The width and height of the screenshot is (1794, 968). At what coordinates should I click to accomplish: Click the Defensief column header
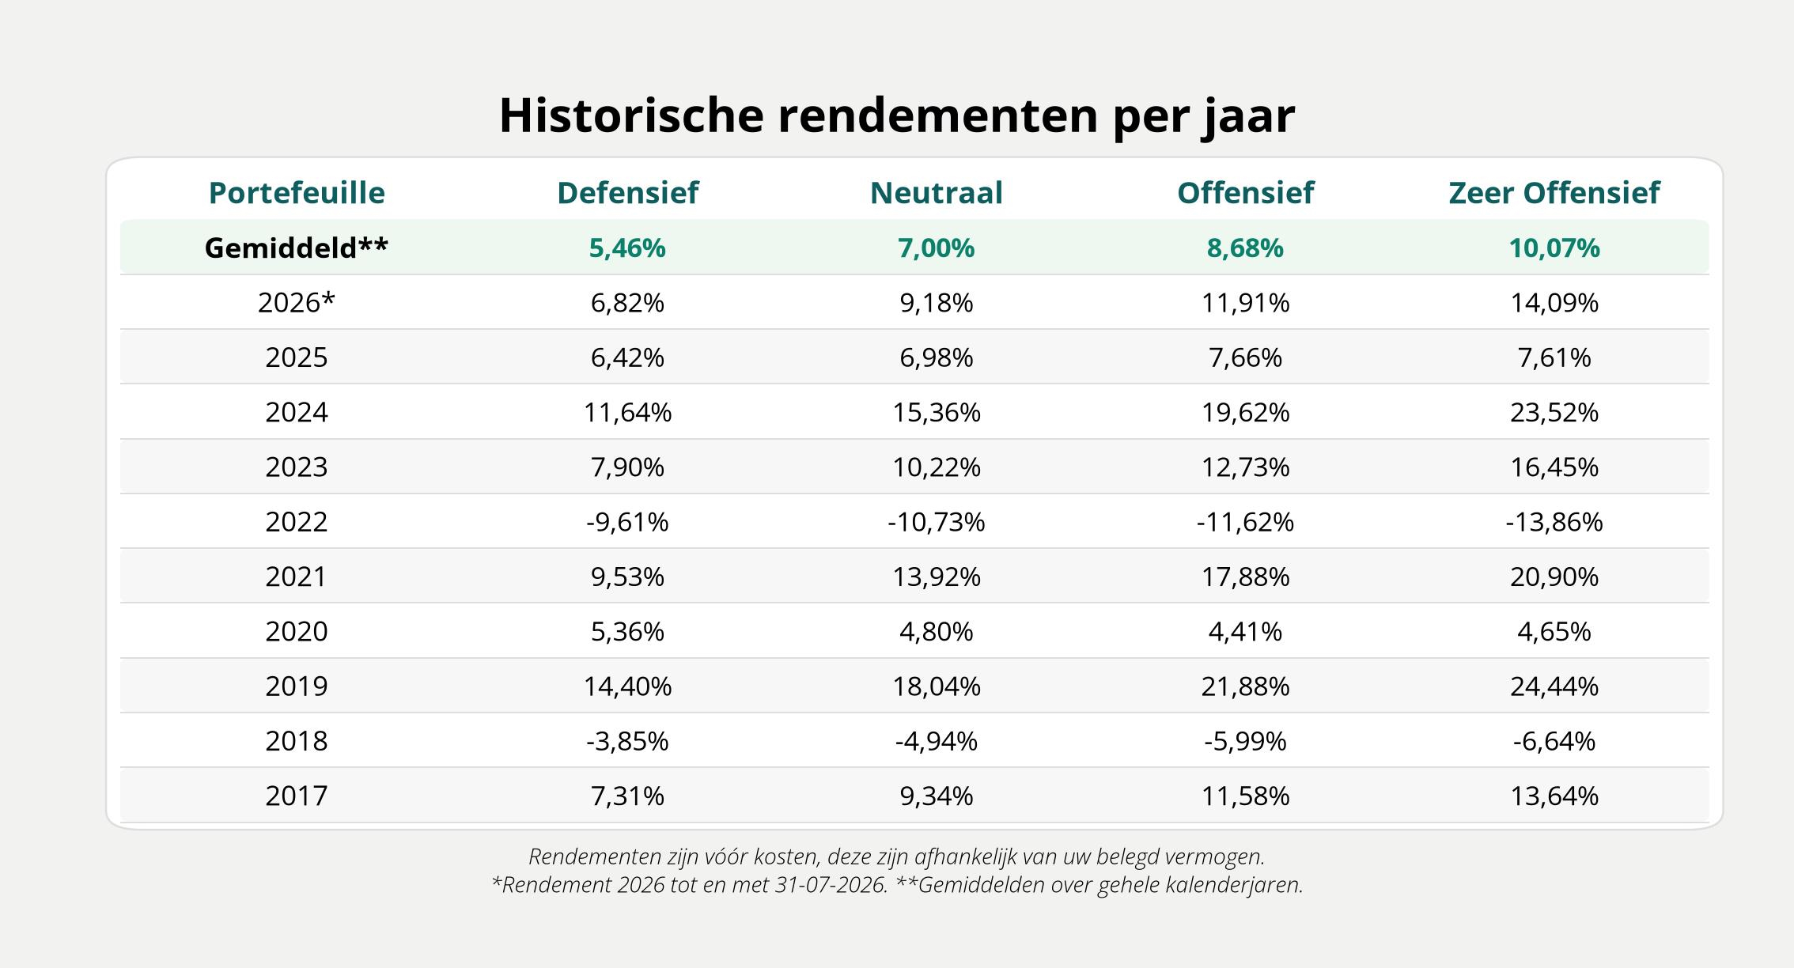627,193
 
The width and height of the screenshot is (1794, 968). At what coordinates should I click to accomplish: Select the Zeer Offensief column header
1554,193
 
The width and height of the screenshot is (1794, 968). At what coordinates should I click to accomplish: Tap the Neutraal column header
936,193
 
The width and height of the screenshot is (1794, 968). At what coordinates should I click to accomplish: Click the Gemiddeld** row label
297,248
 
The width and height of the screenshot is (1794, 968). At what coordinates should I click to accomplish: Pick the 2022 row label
297,522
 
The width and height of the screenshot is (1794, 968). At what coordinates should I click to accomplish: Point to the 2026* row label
297,302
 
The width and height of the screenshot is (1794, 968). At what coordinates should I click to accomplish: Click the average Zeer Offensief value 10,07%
1554,248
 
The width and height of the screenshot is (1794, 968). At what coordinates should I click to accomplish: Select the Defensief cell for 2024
627,412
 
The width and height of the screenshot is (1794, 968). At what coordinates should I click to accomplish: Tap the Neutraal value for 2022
936,522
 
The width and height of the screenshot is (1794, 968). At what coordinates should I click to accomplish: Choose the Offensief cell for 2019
1245,686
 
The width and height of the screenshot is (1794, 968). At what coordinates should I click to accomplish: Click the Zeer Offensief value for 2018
1554,741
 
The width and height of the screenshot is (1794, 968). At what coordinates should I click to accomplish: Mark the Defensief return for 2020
627,631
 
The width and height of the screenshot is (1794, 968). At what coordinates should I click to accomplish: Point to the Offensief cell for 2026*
1245,303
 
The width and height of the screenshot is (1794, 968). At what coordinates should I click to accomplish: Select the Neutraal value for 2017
936,796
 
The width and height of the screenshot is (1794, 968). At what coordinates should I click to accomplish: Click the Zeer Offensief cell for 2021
1554,577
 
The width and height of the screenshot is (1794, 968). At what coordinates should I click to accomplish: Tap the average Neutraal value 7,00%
936,248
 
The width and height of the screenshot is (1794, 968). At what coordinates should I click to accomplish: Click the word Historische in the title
631,115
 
